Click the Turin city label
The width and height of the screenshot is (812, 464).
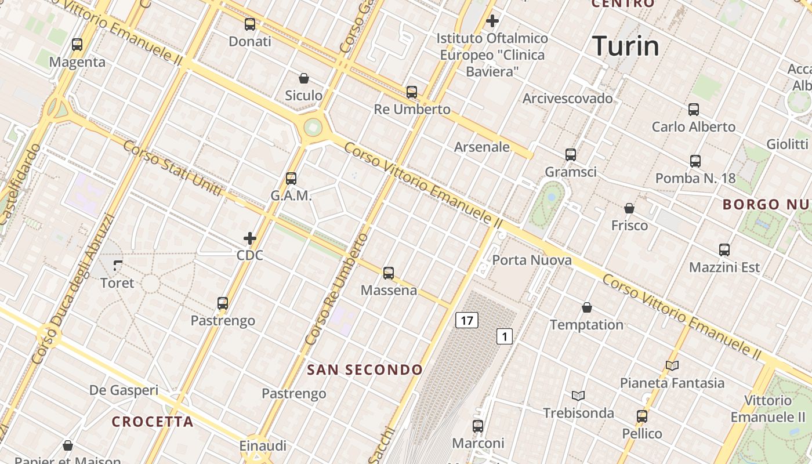626,46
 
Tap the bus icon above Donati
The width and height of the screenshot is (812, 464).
250,24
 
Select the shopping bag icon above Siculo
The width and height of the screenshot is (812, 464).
303,78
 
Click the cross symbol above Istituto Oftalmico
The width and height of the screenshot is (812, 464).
492,21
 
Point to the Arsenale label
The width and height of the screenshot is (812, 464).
482,147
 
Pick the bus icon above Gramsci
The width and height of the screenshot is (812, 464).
571,155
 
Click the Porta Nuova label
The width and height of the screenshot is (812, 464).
532,260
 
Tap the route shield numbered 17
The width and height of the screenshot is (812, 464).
467,320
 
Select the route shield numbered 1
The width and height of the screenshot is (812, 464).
505,336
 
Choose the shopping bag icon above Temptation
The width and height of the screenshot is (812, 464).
587,307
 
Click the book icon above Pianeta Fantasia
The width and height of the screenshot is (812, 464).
672,365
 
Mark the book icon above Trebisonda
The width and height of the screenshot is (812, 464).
578,396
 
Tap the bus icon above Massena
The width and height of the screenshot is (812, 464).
389,273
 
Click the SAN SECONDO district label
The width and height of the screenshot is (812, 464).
365,369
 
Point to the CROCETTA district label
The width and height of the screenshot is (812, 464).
153,422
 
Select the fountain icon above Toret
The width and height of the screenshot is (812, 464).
118,266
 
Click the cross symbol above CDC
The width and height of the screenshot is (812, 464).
250,238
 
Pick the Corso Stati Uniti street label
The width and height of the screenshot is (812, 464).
172,168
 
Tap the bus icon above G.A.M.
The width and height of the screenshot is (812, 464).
291,179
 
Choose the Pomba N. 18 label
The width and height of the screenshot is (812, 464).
695,178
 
